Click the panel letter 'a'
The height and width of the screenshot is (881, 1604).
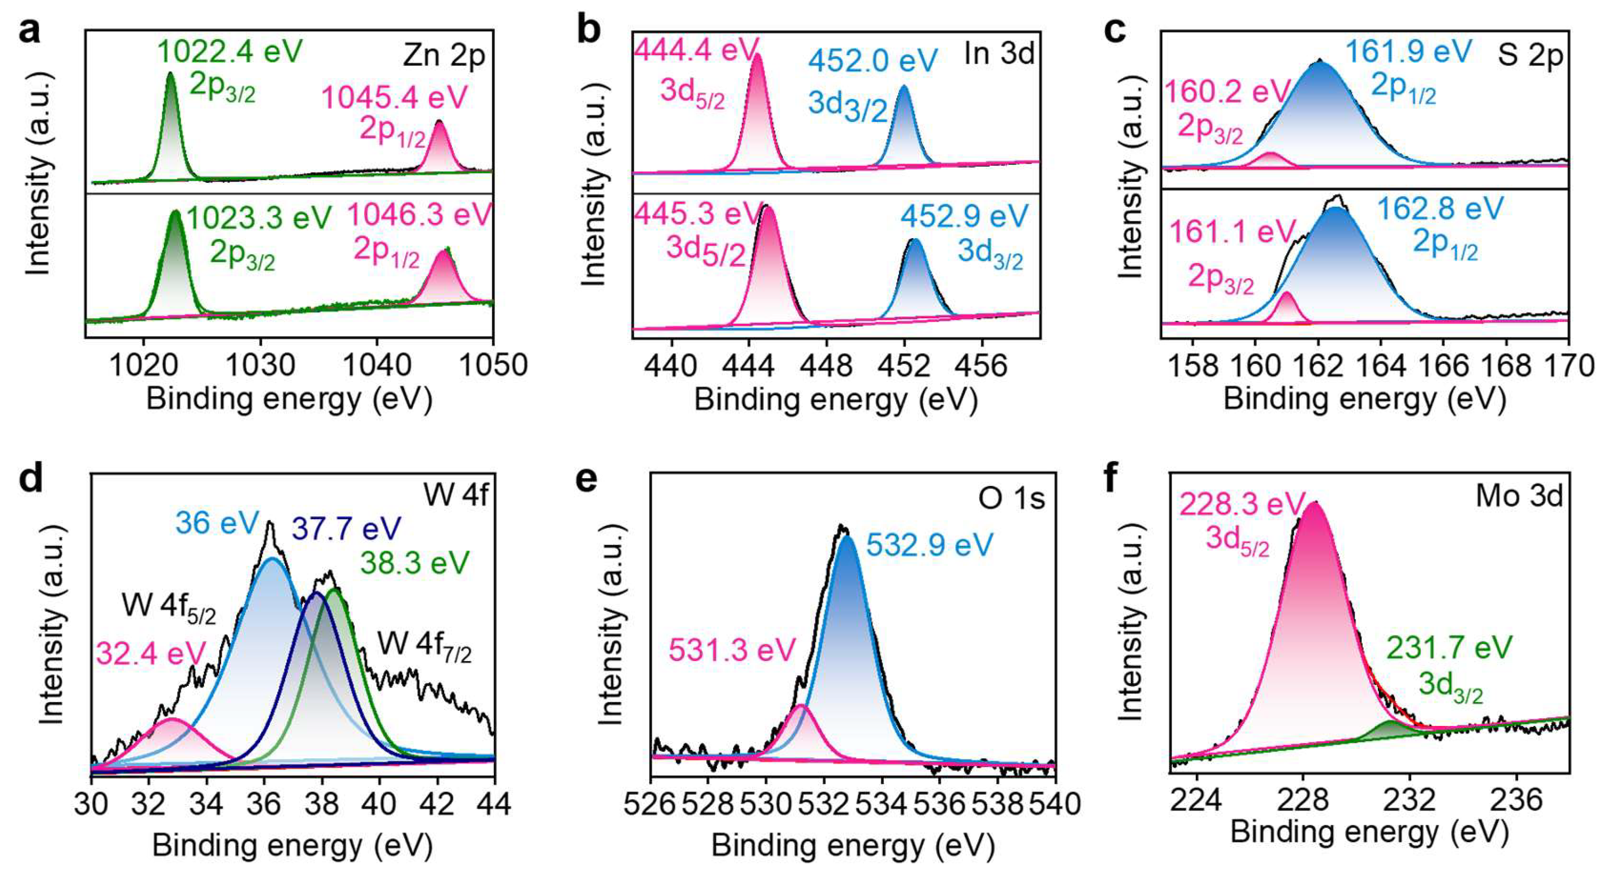click(x=29, y=31)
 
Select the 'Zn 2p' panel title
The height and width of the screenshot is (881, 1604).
click(x=444, y=56)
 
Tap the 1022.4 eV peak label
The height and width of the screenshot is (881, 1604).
click(x=230, y=51)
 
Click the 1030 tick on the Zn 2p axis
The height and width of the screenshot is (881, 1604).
click(x=260, y=365)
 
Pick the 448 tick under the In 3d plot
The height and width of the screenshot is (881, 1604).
click(x=826, y=366)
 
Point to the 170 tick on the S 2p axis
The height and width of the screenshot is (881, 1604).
click(x=1568, y=366)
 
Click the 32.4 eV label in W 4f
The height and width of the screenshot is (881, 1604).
click(x=150, y=654)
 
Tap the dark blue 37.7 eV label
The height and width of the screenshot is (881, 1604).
click(x=346, y=529)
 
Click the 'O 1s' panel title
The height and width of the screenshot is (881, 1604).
click(x=1012, y=499)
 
